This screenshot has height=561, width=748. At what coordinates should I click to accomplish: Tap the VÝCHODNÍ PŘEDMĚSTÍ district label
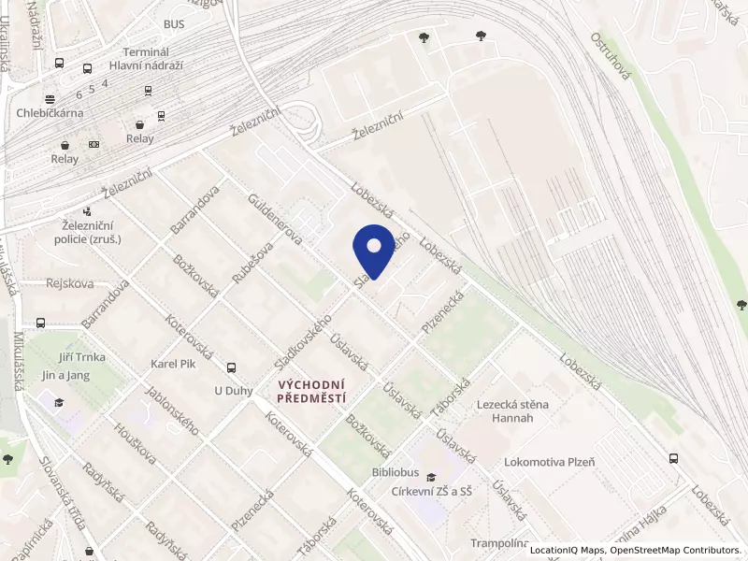[313, 391]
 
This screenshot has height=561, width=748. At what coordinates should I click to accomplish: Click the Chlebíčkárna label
[50, 113]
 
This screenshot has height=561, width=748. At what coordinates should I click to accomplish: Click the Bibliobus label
[396, 473]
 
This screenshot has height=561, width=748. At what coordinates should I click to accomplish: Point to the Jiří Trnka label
[74, 357]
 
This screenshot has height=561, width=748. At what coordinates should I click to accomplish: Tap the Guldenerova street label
[275, 220]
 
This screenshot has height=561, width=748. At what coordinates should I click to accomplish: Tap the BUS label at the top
[174, 24]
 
